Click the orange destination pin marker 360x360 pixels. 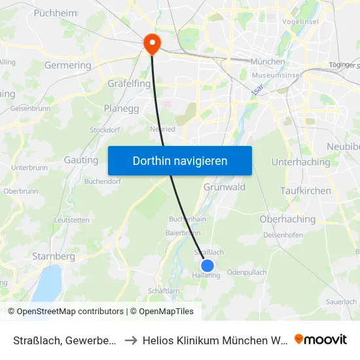click(x=152, y=43)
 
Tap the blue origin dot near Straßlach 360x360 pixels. click(x=207, y=265)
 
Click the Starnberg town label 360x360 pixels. click(x=54, y=257)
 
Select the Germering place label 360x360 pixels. click(x=67, y=65)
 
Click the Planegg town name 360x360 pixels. click(x=121, y=109)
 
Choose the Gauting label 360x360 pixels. click(x=81, y=160)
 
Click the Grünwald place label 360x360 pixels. click(x=225, y=187)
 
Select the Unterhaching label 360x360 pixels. click(x=301, y=162)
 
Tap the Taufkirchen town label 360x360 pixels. click(x=306, y=190)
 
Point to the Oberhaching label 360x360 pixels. click(x=288, y=219)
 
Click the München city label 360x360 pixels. click(x=268, y=62)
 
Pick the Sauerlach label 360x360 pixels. click(x=341, y=301)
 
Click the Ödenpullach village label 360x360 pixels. click(x=247, y=272)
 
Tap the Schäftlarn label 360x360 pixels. click(x=164, y=291)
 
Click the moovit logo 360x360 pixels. click(x=321, y=339)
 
